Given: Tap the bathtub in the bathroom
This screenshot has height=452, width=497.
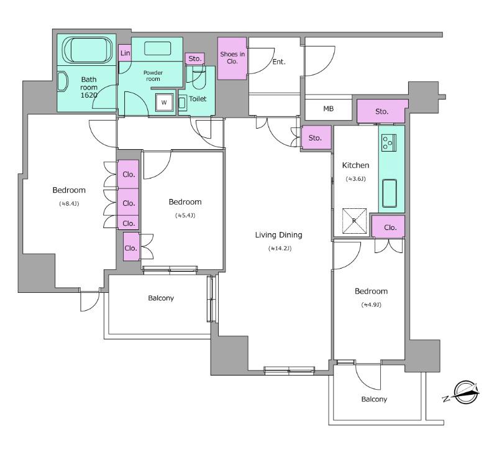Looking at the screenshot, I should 86,49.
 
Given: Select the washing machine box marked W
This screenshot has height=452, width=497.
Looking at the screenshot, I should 164,103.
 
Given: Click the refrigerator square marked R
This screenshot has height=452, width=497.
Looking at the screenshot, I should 354,221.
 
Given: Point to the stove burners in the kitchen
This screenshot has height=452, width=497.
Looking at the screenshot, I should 389,142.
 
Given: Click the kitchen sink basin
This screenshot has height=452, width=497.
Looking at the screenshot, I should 391,193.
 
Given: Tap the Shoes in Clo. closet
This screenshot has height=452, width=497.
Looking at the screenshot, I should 232,58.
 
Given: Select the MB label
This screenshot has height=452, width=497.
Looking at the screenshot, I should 329,109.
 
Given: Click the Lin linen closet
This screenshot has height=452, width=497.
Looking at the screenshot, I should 125,54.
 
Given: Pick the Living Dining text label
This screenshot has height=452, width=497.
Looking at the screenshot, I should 278,235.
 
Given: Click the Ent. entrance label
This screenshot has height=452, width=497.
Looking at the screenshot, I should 279,62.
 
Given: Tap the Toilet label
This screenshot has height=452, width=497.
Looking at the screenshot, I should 198,99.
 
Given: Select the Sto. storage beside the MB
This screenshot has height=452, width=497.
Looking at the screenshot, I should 381,112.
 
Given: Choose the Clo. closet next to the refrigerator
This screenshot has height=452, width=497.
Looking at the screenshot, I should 390,228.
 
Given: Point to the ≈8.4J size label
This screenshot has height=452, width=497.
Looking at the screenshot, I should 68,203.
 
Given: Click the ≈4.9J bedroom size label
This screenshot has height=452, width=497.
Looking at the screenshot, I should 371,305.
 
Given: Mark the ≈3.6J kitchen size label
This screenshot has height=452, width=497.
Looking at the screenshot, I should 355,179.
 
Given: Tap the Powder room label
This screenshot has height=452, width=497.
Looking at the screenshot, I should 153,76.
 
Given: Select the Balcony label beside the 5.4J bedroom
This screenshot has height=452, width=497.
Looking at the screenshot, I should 161,298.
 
